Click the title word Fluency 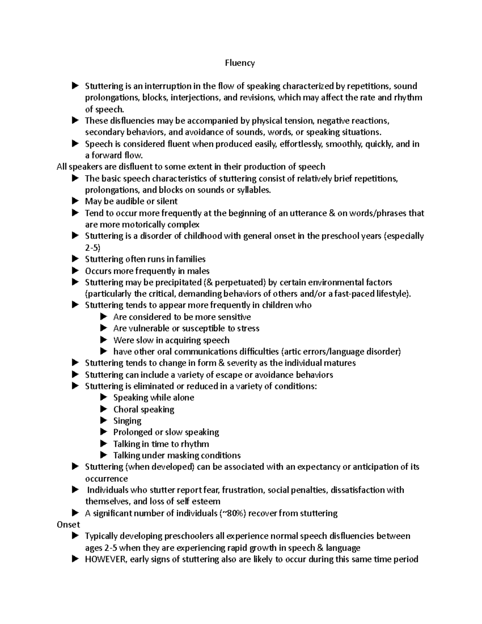click(240, 63)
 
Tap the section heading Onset click(68, 524)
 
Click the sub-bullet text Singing click(127, 421)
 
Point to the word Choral click(126, 409)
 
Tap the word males click(198, 271)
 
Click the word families click(189, 259)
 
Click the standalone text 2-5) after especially click(93, 248)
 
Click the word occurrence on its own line click(106, 479)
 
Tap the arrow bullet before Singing click(104, 421)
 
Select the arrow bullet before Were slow click(104, 340)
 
